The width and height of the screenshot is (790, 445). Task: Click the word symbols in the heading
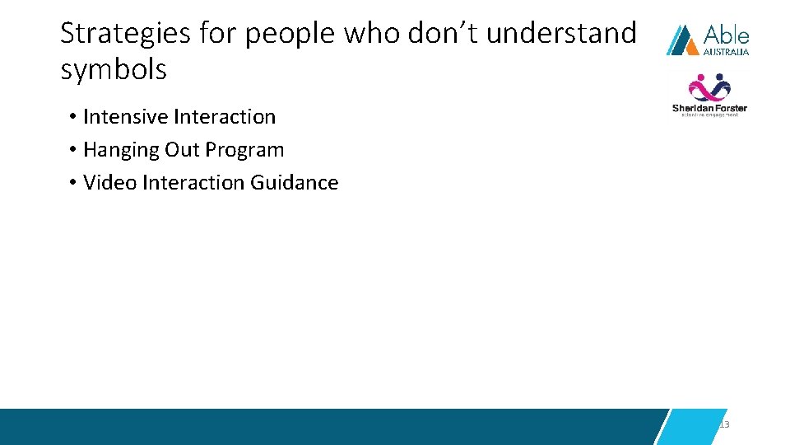click(x=114, y=71)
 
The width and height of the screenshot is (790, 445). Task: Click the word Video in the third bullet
click(x=109, y=182)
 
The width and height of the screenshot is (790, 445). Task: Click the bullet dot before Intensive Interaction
click(x=73, y=118)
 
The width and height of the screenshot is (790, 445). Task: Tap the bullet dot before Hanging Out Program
click(x=73, y=151)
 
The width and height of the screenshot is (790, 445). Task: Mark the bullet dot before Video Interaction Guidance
click(x=73, y=183)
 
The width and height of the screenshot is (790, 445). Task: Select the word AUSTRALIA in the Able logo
click(x=726, y=51)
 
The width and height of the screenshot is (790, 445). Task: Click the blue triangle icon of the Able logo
click(x=682, y=40)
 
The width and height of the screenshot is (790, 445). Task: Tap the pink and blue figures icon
click(x=709, y=88)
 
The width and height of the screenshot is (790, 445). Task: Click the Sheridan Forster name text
click(x=709, y=108)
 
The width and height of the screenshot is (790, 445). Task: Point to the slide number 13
click(x=724, y=424)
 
